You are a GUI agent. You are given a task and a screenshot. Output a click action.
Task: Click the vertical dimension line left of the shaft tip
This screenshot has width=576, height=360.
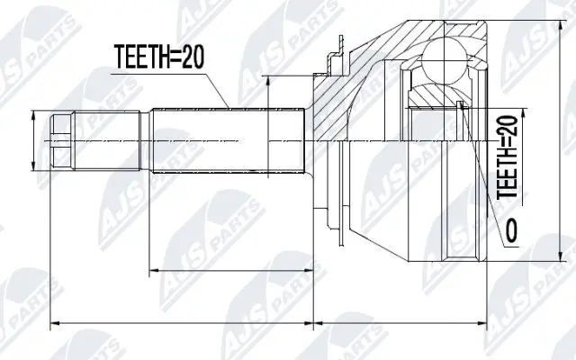click(x=34, y=141)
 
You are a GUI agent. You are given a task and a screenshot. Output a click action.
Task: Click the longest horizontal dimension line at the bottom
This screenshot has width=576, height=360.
click(x=270, y=320)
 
